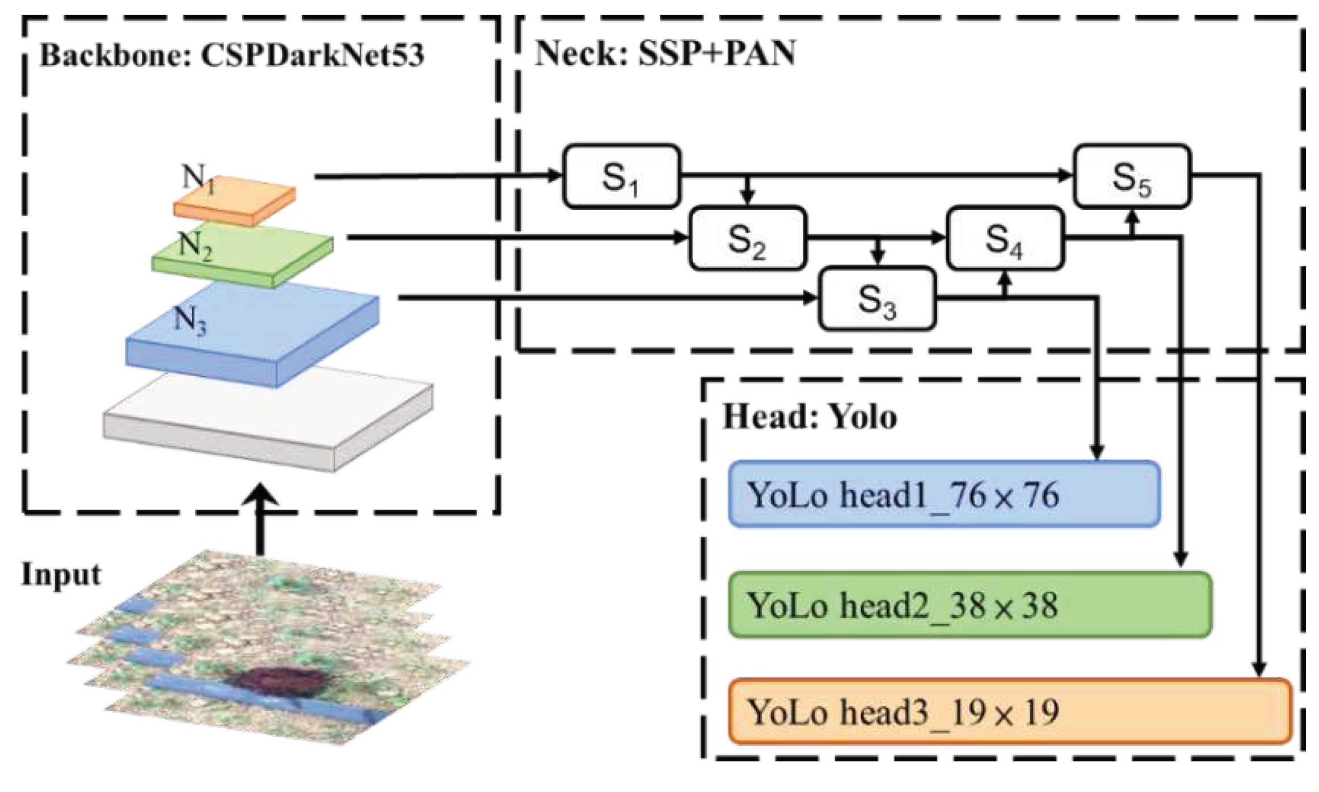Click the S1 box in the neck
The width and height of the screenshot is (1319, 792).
[621, 176]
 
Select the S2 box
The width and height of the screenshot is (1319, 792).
[747, 238]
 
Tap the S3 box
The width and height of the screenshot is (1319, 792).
[876, 299]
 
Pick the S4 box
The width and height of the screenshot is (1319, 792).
[1004, 238]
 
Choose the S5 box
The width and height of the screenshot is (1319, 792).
[1131, 176]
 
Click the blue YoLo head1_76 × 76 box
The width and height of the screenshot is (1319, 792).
[943, 494]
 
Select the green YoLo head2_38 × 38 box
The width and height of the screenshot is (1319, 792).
[969, 605]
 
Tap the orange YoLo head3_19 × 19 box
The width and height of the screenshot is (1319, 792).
[1009, 711]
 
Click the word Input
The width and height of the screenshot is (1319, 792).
[61, 574]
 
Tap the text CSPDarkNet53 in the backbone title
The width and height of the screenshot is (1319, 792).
[312, 56]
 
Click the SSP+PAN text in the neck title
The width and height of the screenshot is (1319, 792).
[717, 54]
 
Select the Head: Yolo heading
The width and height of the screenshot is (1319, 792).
[809, 417]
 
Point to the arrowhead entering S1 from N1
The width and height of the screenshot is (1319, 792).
[554, 175]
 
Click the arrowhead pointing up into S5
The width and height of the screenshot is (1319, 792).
[1132, 217]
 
